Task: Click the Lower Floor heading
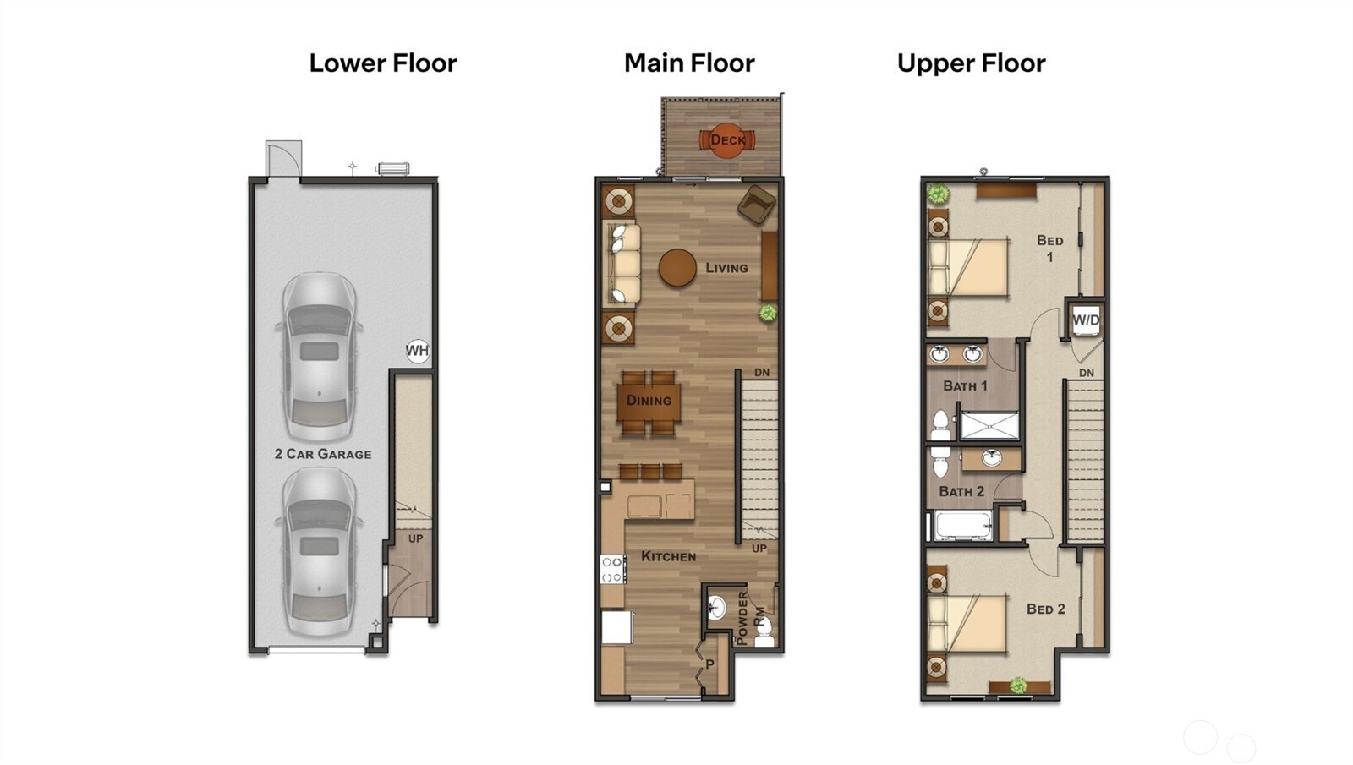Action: coord(382,63)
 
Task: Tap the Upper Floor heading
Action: coord(971,63)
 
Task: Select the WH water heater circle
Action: coord(417,350)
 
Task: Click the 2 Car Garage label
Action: coord(323,454)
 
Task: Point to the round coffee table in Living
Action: coord(677,268)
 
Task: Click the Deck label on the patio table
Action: coord(727,140)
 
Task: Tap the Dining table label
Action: coord(649,401)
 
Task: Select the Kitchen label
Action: coord(668,556)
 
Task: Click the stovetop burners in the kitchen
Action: coord(612,569)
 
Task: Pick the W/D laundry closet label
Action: coord(1086,320)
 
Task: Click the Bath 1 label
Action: coord(965,386)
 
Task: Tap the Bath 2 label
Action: coord(961,491)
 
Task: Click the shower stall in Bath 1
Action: coord(989,425)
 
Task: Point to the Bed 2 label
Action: coord(1045,609)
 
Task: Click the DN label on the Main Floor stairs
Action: coord(762,373)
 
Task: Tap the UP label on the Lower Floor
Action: coord(415,538)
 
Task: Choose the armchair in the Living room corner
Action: coord(757,205)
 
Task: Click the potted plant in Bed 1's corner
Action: coord(937,194)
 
